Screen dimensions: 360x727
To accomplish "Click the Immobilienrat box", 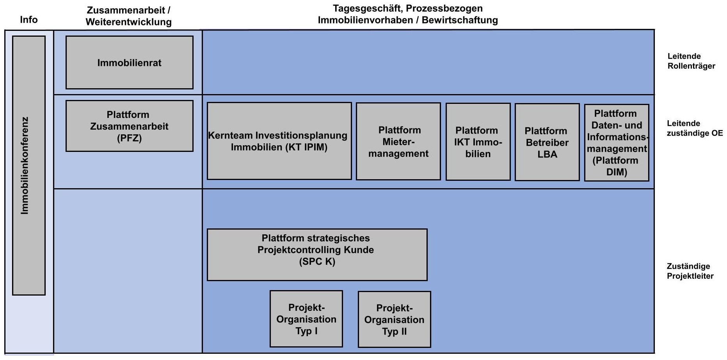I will point(129,62).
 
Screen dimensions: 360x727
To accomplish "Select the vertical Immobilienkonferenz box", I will point(28,165).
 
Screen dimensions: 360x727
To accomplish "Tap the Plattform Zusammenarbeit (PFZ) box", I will point(129,126).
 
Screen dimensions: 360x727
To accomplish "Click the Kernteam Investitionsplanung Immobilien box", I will point(279,141).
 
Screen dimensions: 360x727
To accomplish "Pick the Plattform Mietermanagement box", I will point(398,141).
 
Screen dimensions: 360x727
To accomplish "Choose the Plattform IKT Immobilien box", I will point(478,142).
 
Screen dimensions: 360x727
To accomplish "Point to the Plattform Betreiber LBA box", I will point(547,142).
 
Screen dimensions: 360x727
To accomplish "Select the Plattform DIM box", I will point(616,143).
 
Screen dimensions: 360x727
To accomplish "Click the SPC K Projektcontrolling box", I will point(317,254).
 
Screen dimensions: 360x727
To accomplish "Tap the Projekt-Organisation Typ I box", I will point(306,319).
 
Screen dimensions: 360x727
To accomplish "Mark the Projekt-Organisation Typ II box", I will point(394,319).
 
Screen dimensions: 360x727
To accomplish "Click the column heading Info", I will point(29,20).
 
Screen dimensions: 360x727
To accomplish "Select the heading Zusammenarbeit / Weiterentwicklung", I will point(128,16).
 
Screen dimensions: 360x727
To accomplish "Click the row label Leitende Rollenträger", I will point(691,61).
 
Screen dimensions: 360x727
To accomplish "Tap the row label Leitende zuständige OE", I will point(694,128).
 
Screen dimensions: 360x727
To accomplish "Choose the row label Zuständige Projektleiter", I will point(690,271).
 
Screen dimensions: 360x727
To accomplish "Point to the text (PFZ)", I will point(129,138).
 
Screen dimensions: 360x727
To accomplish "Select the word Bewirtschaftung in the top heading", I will point(460,20).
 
